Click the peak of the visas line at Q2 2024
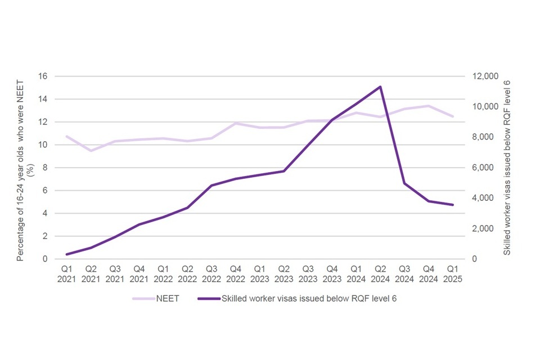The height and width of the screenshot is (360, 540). (380, 87)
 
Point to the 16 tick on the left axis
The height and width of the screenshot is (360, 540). (43, 76)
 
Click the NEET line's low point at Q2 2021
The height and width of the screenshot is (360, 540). (91, 151)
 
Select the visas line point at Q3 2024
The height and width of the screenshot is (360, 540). (404, 183)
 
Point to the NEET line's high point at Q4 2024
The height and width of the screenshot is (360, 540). (429, 106)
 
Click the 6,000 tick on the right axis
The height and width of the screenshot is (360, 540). (480, 168)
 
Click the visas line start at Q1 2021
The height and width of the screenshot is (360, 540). (66, 254)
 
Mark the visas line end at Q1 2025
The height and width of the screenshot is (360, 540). (452, 205)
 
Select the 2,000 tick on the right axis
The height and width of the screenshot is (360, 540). (480, 228)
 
